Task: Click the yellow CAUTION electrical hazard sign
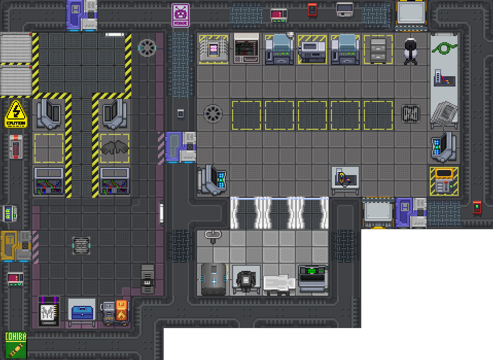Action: point(16,114)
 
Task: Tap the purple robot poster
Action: point(180,15)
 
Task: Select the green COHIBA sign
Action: point(15,345)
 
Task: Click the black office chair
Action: point(410,51)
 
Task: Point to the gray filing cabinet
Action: point(378,50)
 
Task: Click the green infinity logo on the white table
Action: point(444,48)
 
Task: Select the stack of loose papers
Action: point(444,112)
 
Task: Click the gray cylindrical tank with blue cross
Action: point(213,279)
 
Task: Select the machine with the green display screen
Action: point(312,277)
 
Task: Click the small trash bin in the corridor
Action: point(180,113)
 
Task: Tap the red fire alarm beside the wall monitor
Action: point(312,9)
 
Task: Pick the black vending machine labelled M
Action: point(49,312)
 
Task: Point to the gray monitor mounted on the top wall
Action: point(344,9)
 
